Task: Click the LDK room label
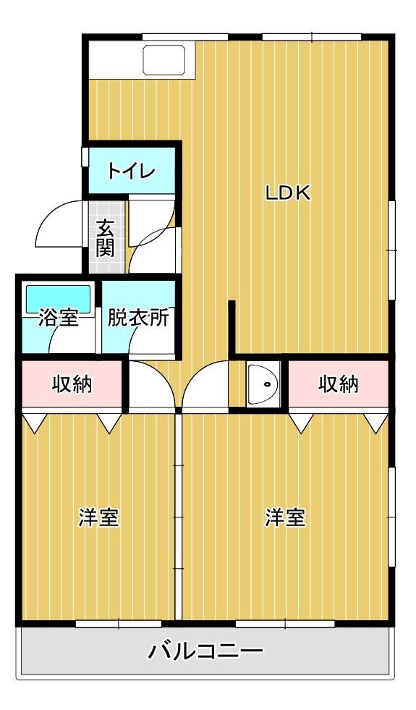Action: [287, 193]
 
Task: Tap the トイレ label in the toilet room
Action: [131, 172]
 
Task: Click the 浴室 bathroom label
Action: [59, 318]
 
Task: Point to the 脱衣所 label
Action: [138, 318]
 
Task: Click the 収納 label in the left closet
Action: [72, 384]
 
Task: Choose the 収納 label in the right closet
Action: [339, 384]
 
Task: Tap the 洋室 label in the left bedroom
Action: [98, 518]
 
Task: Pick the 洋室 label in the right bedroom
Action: [285, 518]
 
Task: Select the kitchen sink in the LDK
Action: [166, 60]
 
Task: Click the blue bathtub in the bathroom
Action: [58, 297]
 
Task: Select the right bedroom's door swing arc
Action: [206, 384]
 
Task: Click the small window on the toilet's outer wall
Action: [85, 158]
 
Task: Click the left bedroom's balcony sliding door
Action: [109, 623]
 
